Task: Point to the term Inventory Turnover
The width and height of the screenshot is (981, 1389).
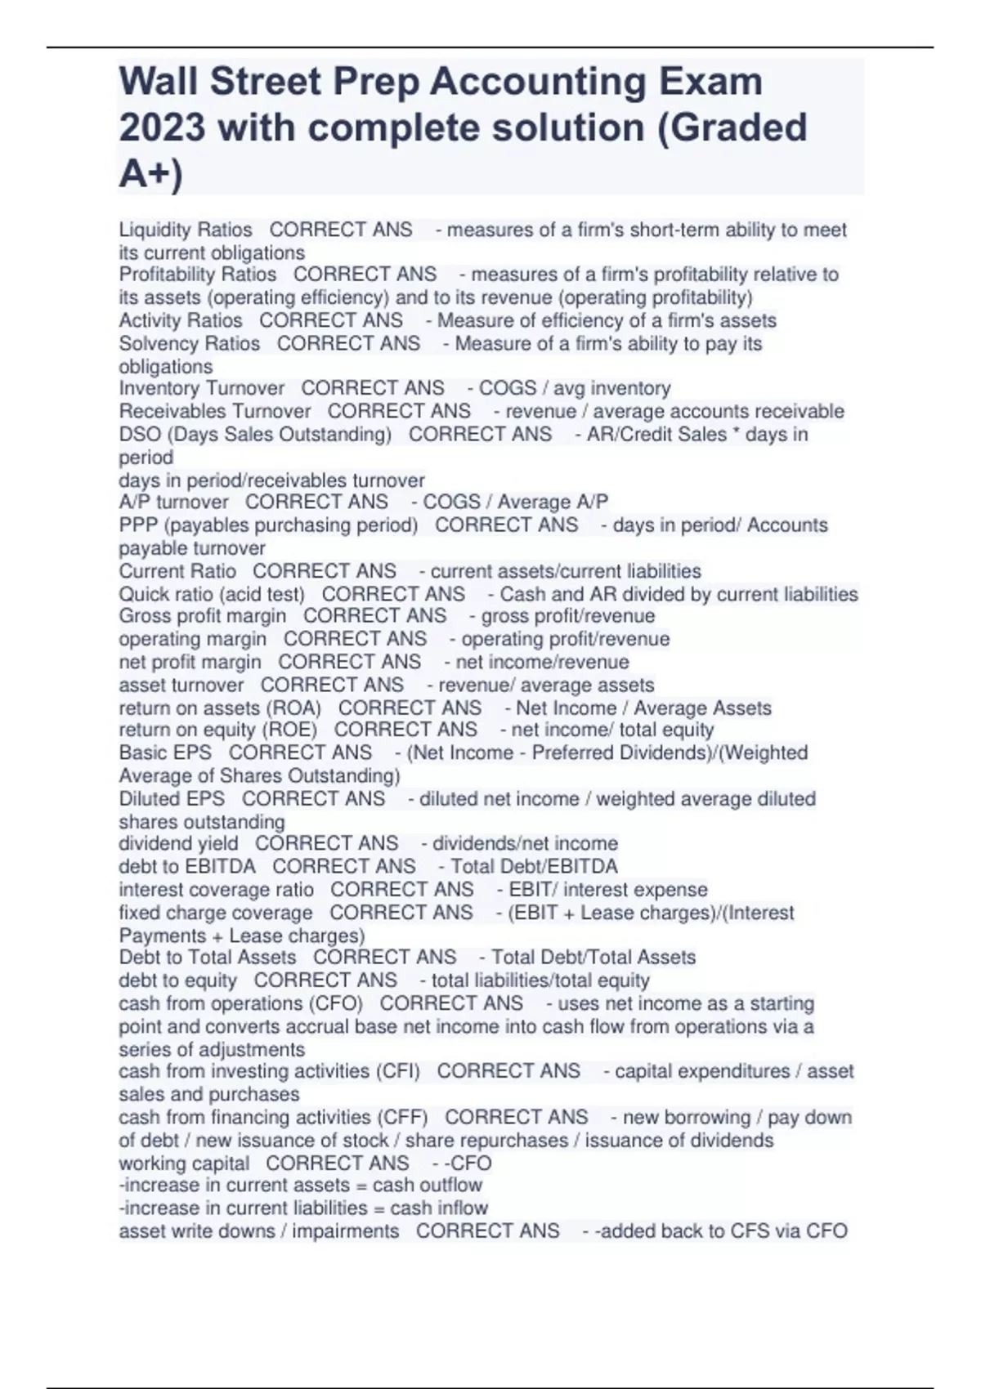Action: [x=202, y=388]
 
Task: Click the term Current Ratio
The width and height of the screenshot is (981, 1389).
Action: [x=177, y=571]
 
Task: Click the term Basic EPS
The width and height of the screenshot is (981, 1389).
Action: [x=165, y=753]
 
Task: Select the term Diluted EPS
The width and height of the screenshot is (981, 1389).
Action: [x=172, y=798]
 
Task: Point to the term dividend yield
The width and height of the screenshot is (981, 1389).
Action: [x=178, y=843]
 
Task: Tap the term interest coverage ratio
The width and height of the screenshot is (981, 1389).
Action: [x=216, y=889]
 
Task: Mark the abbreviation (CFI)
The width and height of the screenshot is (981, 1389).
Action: [x=397, y=1071]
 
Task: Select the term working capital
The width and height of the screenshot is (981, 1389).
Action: [x=184, y=1163]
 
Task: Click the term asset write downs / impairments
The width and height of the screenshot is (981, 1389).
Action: [x=259, y=1230]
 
